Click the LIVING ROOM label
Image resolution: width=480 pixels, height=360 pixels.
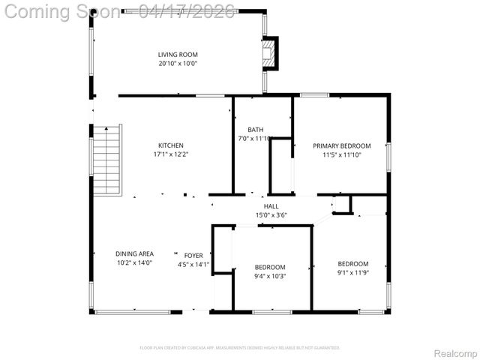tap(177, 54)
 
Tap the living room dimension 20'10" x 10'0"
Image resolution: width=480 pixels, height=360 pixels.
tap(177, 64)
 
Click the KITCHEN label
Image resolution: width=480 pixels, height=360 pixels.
tap(170, 145)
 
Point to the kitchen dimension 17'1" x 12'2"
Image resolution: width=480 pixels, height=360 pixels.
tap(170, 154)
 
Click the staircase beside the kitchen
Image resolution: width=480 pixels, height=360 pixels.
tap(106, 159)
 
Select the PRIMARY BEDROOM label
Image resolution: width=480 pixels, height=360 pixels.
tap(342, 145)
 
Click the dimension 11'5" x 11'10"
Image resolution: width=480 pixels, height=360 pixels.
tap(342, 155)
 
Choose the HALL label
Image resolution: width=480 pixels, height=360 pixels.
tap(271, 206)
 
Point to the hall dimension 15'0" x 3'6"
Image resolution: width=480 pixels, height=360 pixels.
tap(271, 215)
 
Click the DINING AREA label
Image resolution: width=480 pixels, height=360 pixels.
tap(134, 253)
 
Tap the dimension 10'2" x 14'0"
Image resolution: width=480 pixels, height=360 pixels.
tap(134, 264)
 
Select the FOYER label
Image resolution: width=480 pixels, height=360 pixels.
tap(193, 255)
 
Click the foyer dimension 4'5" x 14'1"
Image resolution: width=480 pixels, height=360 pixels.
tap(193, 264)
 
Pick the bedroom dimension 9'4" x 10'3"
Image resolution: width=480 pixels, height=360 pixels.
tap(270, 277)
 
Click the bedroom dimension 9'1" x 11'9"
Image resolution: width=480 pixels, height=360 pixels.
tap(352, 273)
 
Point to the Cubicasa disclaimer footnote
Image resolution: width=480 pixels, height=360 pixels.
tap(240, 348)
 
